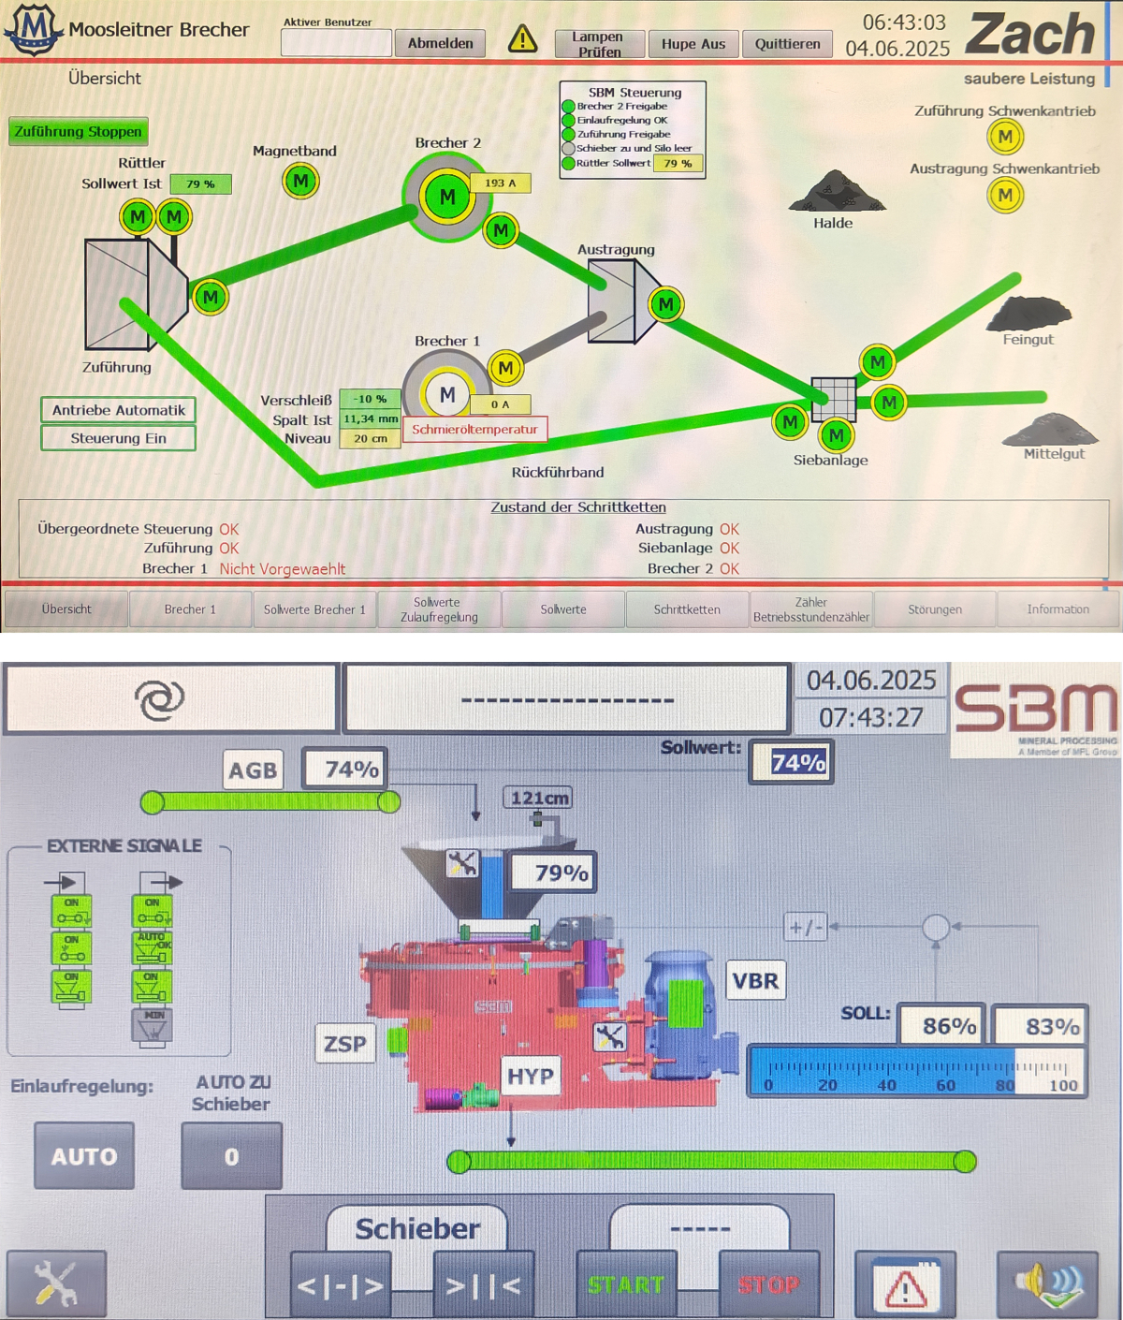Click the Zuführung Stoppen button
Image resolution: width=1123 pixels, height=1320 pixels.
[x=79, y=132]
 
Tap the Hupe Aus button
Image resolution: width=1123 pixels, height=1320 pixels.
[x=693, y=44]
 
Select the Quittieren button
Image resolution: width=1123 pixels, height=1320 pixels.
[x=787, y=44]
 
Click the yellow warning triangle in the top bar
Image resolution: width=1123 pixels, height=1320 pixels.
[x=522, y=39]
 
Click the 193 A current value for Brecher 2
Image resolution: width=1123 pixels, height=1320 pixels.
[x=500, y=183]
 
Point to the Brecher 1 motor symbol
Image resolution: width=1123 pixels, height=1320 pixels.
[x=447, y=395]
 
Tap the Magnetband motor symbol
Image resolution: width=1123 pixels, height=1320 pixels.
[x=300, y=181]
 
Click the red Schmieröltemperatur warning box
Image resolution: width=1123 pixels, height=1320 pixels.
[x=474, y=430]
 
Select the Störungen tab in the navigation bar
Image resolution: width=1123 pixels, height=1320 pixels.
[x=934, y=609]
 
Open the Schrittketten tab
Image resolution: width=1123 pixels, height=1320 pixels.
[x=687, y=609]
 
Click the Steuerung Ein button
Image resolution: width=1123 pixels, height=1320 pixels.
[x=118, y=438]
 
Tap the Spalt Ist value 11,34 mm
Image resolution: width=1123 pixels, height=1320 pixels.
[x=371, y=419]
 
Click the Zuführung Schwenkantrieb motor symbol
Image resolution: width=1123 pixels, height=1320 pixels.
[x=1005, y=137]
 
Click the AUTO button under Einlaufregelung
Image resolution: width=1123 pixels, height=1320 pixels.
[x=84, y=1156]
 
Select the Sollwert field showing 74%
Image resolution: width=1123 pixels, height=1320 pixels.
[x=797, y=763]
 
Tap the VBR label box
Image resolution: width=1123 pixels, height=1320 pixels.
[x=755, y=980]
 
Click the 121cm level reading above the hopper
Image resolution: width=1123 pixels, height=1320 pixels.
[x=539, y=798]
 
